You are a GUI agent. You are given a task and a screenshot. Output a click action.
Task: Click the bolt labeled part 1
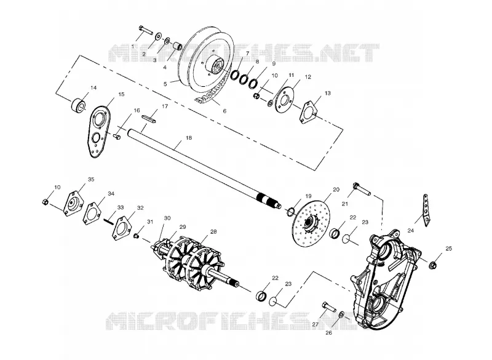click(145, 30)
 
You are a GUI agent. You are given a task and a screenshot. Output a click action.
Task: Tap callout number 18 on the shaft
click(189, 138)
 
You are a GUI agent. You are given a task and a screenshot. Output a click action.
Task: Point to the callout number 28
click(213, 231)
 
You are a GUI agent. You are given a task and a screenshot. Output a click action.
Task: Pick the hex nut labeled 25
click(433, 265)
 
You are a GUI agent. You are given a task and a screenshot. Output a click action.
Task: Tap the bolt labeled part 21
click(362, 189)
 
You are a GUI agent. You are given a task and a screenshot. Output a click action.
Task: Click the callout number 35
click(91, 179)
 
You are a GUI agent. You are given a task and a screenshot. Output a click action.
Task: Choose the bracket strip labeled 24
click(426, 210)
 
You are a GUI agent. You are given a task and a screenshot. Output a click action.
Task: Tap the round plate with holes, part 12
click(285, 100)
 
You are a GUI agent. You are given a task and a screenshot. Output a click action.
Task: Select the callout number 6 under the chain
click(224, 111)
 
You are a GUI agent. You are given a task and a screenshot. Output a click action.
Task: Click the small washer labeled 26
click(341, 314)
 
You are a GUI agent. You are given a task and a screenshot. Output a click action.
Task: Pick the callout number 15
click(121, 94)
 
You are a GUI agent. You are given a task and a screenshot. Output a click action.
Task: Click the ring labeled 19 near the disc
click(290, 212)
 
